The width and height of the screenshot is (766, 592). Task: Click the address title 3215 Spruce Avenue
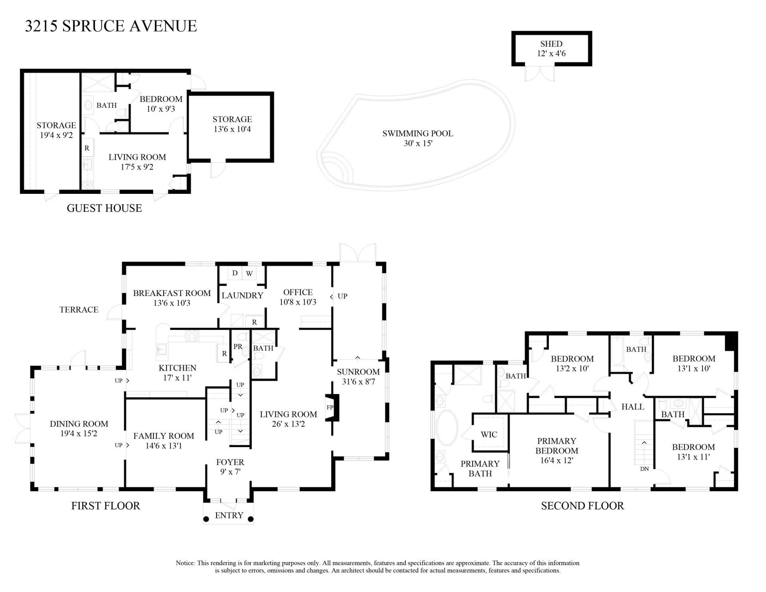point(111,26)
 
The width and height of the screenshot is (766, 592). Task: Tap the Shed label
point(551,44)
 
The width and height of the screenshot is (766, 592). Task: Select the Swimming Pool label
point(418,134)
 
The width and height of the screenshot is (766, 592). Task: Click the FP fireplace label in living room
point(330,407)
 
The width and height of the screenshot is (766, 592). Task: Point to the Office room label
point(298,292)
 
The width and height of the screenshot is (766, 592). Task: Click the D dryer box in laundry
point(235,273)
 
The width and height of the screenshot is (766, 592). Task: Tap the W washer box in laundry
point(249,274)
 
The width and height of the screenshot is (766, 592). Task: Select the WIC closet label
point(489,434)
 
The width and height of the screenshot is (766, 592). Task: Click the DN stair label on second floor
point(644,469)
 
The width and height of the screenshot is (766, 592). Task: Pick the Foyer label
point(230,462)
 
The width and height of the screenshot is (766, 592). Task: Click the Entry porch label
point(229,515)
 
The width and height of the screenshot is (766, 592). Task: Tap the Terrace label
point(79,310)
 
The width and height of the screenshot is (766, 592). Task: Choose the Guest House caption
point(104,208)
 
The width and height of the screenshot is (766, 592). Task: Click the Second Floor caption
point(582,506)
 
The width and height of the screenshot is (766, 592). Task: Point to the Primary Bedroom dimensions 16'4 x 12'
point(557,460)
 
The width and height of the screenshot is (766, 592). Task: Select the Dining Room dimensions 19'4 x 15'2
point(79,434)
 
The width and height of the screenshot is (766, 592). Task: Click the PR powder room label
point(238,347)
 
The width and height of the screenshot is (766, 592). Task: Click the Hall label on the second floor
point(633,407)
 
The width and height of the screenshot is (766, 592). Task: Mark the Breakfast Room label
point(172,293)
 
